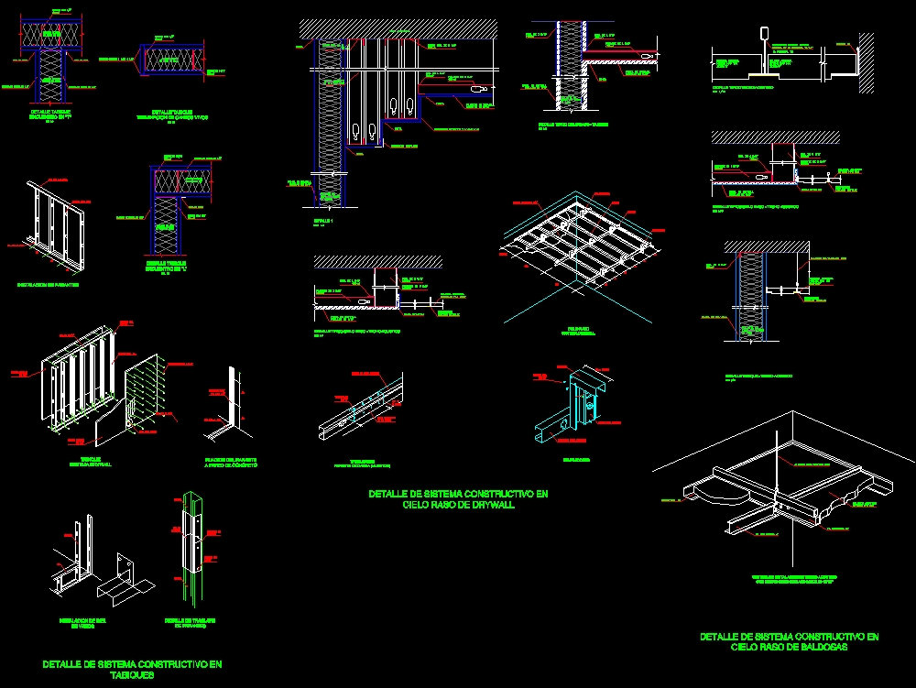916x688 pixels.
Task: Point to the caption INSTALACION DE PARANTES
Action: point(48,285)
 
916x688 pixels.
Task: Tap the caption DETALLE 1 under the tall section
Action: point(322,222)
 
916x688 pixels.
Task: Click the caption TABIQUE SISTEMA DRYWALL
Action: point(90,461)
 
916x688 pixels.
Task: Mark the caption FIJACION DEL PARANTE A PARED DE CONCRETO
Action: point(231,462)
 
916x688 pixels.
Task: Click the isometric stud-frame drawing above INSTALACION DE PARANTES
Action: point(52,226)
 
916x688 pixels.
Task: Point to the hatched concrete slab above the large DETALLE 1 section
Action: point(398,28)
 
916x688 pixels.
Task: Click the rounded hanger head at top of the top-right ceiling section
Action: point(764,34)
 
